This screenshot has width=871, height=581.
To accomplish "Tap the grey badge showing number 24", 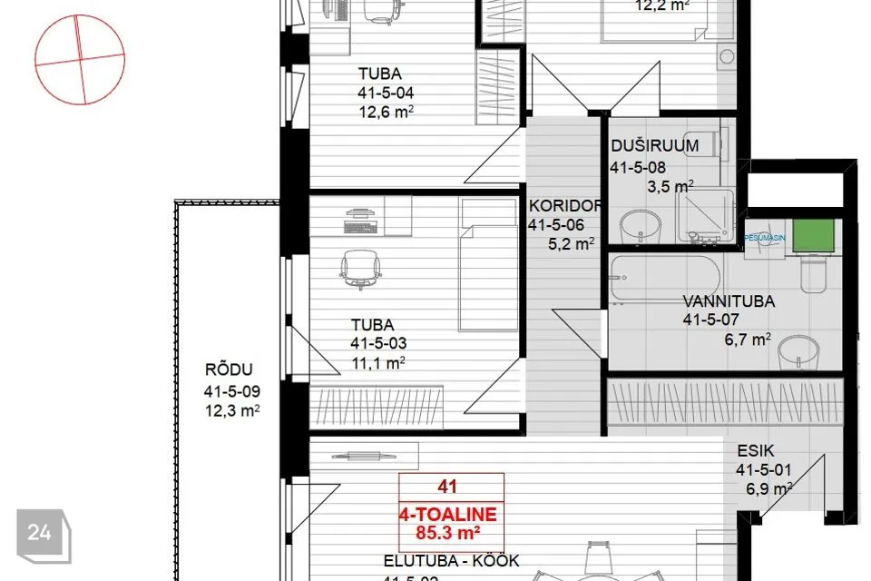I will [39, 533].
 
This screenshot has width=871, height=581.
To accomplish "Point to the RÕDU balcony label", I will [228, 370].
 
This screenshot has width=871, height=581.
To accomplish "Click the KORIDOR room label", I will [563, 205].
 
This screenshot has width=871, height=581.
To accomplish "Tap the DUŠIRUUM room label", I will [654, 145].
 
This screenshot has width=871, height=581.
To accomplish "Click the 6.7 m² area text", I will [747, 340].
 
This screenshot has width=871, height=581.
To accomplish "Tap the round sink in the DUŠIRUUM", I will [641, 225].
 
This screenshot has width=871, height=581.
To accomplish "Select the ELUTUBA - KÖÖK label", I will [452, 561].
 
